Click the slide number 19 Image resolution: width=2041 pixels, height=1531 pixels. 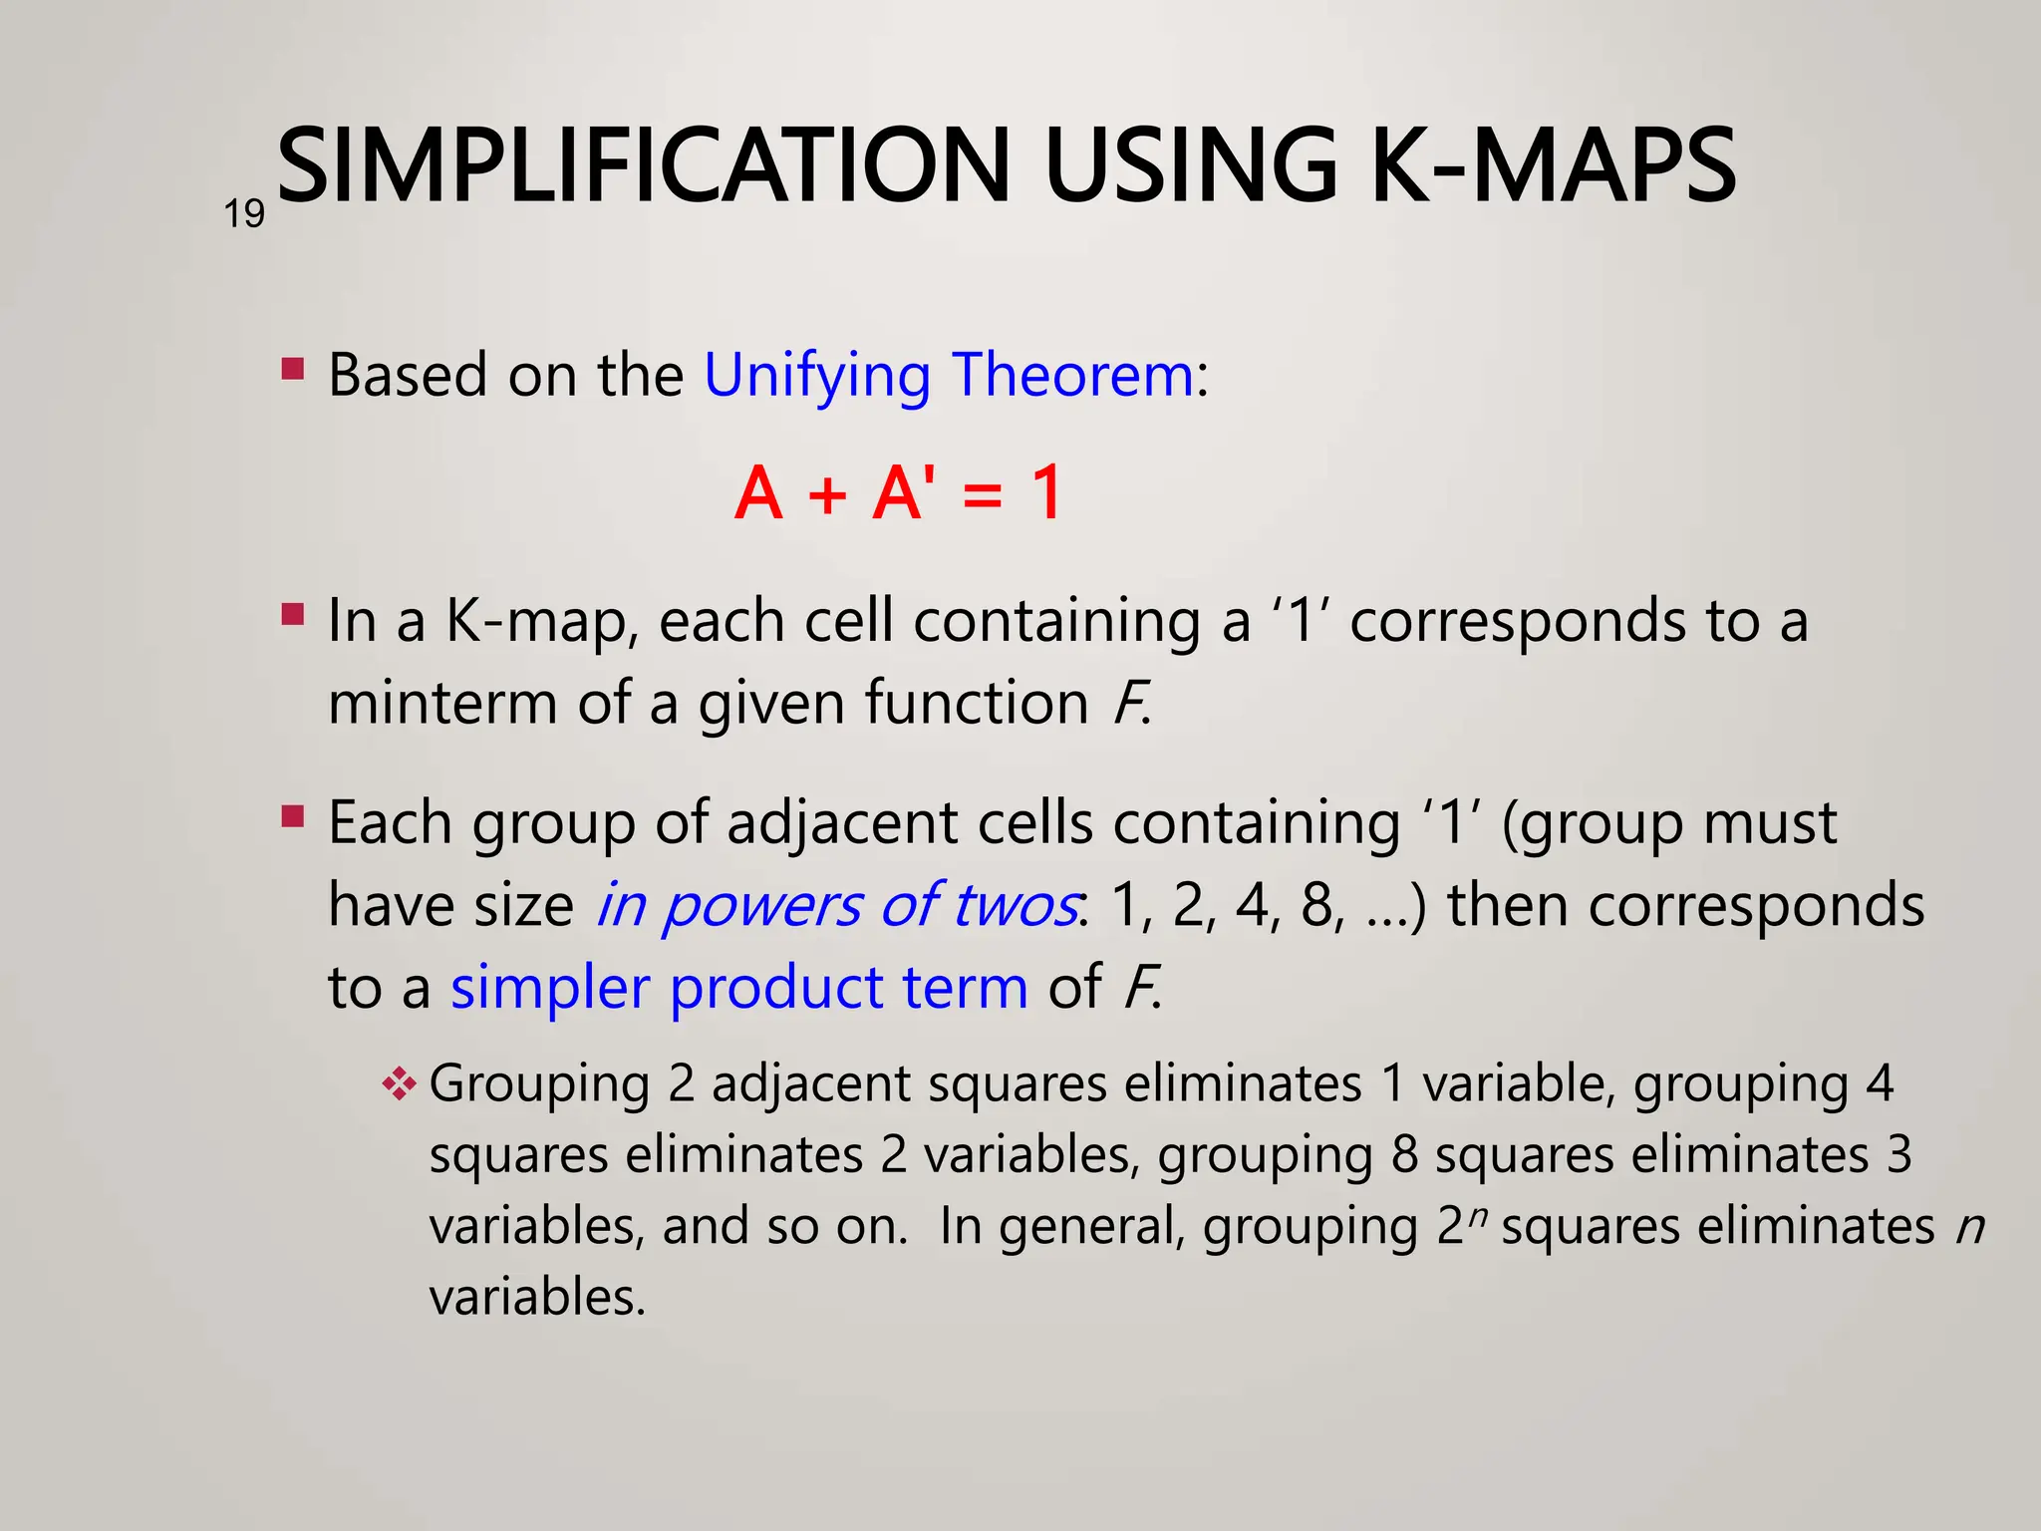(x=244, y=214)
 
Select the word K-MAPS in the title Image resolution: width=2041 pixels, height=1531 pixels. (x=1553, y=166)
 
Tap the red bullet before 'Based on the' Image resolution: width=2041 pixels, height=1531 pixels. (x=293, y=370)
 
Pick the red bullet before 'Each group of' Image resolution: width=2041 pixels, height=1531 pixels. (x=293, y=817)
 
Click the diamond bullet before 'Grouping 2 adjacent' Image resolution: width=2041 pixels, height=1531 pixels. (x=399, y=1083)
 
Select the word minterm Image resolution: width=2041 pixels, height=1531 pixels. (x=442, y=703)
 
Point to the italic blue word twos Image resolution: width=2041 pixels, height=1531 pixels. (x=1015, y=907)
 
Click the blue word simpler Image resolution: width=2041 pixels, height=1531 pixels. (x=550, y=989)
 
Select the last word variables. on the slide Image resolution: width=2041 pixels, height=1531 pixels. (x=537, y=1299)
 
